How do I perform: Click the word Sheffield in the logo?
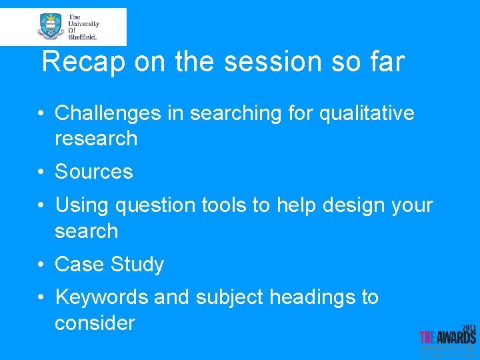point(83,37)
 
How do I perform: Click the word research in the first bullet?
point(96,139)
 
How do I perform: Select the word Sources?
point(94,172)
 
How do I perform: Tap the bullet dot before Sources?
point(41,172)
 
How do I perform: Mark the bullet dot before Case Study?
point(41,265)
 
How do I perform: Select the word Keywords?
point(101,297)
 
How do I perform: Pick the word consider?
point(95,323)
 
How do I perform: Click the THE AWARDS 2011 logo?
point(448,339)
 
